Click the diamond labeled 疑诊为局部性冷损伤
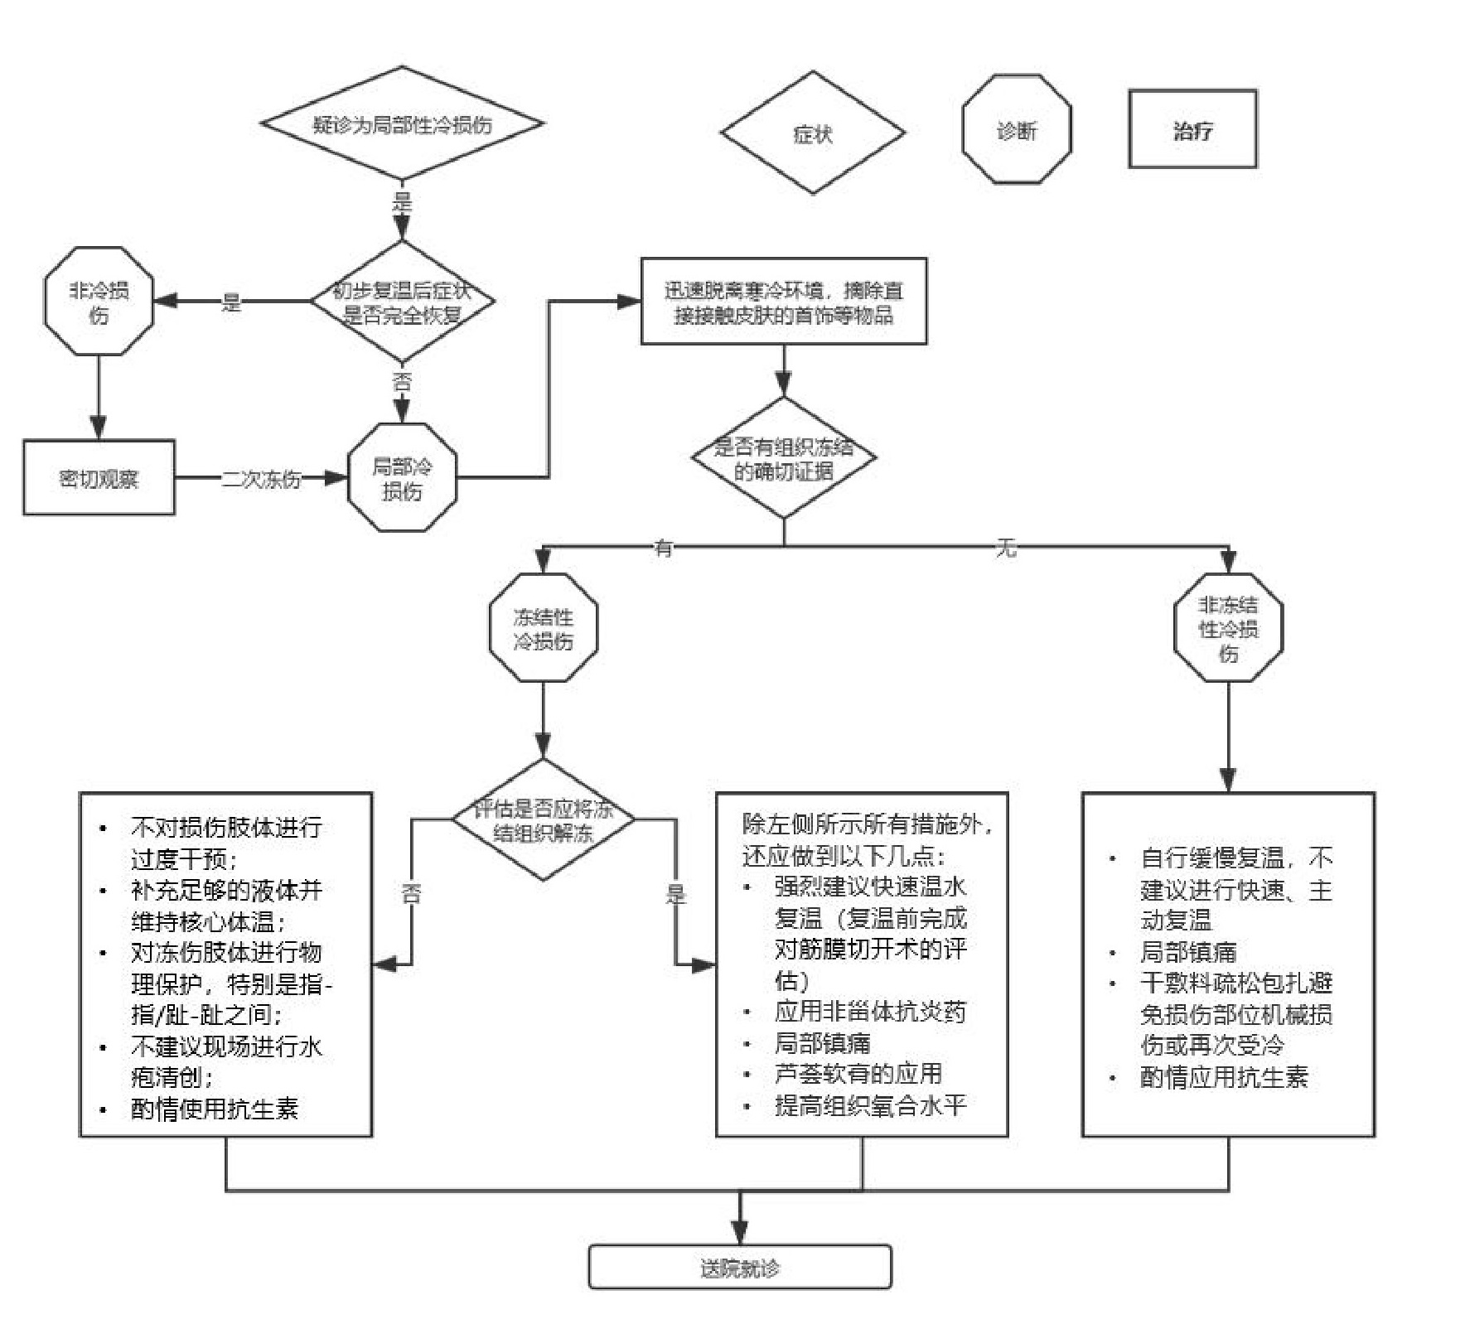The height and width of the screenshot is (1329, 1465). click(402, 124)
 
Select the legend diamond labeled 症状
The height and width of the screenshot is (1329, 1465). click(812, 133)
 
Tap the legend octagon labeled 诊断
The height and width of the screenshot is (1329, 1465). click(1016, 130)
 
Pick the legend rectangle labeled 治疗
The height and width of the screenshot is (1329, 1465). click(1192, 130)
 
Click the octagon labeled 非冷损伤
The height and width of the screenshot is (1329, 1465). click(99, 302)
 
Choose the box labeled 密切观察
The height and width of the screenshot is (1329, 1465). click(99, 478)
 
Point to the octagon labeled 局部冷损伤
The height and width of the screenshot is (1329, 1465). click(402, 478)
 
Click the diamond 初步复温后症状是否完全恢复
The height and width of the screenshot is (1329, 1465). click(402, 302)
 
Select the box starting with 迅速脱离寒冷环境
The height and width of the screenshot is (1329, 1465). click(783, 302)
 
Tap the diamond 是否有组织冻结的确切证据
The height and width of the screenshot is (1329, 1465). click(783, 458)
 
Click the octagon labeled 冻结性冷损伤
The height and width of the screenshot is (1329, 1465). click(543, 628)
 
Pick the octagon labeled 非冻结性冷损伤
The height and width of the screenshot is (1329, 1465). click(1227, 628)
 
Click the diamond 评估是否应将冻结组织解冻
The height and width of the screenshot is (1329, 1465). click(543, 820)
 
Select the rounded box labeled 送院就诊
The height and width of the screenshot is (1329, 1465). click(739, 1268)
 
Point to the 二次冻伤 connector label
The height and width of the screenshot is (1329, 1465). click(260, 479)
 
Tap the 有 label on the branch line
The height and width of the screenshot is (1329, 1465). click(663, 548)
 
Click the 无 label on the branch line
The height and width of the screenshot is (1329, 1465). click(1005, 548)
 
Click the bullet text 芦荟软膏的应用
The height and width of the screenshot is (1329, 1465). click(858, 1074)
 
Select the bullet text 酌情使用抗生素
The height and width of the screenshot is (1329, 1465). click(214, 1109)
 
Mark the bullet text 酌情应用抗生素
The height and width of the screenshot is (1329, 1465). click(1223, 1077)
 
